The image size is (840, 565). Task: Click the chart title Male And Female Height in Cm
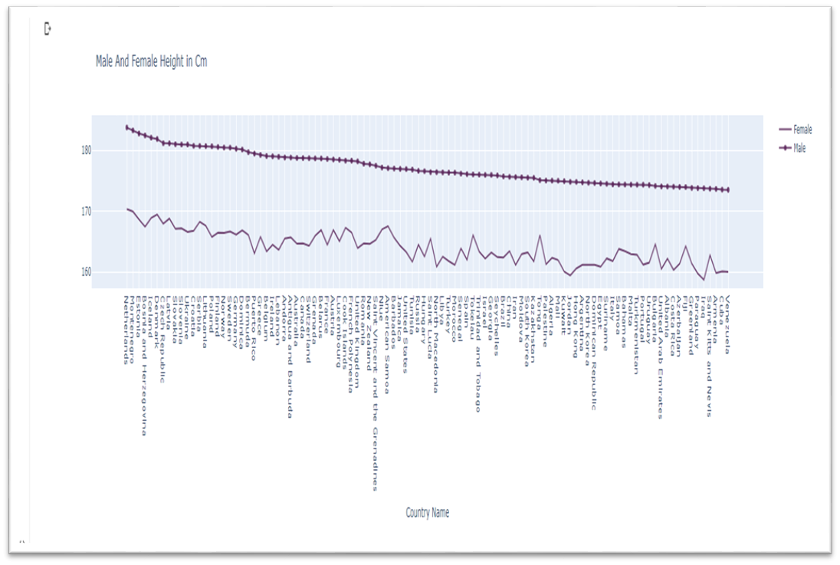tap(151, 61)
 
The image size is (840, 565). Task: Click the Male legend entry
tap(799, 148)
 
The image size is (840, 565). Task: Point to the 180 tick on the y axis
tap(86, 150)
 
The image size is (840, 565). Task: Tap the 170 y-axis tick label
tap(86, 211)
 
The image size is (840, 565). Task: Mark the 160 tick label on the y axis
tap(86, 272)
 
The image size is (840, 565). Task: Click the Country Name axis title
tap(428, 513)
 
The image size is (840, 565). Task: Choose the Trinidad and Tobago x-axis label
tap(477, 353)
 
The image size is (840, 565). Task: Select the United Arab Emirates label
tap(660, 357)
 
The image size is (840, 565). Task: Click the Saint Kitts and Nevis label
tap(710, 356)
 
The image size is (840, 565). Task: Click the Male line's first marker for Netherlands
tap(126, 127)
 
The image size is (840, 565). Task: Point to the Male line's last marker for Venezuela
tap(727, 189)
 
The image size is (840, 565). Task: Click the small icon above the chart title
tap(48, 29)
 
